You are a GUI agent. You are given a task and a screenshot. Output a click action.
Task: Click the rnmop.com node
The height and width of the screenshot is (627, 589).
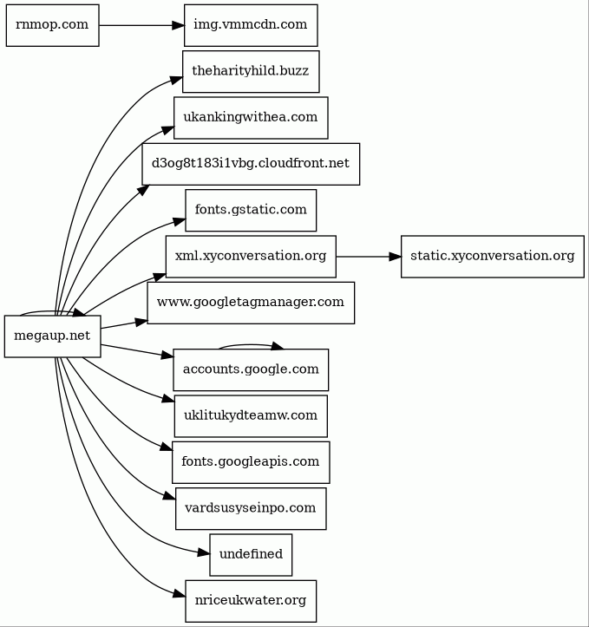52,25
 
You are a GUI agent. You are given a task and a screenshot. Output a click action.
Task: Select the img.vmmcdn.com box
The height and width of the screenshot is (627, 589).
251,25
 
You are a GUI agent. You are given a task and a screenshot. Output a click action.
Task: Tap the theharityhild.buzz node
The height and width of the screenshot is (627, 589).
251,72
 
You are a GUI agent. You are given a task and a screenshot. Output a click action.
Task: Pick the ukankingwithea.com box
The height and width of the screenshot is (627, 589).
251,118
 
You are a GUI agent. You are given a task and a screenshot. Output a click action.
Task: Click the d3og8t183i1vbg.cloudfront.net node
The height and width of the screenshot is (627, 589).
251,164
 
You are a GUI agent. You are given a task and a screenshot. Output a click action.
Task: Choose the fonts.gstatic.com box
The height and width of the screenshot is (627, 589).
251,211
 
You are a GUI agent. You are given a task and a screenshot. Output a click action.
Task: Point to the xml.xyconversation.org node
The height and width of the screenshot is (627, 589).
251,257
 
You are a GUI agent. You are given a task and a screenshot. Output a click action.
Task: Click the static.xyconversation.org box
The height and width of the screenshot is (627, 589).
492,257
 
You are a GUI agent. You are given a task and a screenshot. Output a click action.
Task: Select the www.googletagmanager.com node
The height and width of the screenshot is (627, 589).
251,303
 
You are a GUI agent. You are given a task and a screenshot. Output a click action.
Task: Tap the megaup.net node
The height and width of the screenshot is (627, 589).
52,336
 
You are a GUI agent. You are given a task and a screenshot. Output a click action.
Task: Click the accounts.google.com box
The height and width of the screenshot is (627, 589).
251,370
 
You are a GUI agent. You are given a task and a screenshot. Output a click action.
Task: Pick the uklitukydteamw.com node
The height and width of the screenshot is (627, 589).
251,416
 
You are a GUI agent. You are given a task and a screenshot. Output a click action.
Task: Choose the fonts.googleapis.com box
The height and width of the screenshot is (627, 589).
251,462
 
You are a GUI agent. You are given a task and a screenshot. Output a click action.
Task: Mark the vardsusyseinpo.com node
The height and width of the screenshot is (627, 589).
251,509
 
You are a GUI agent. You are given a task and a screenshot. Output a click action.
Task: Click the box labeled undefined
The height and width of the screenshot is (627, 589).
251,555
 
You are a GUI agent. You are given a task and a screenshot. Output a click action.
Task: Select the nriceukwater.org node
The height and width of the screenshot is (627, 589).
251,601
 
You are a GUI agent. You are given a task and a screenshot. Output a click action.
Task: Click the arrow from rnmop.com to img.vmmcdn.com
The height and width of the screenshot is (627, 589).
141,25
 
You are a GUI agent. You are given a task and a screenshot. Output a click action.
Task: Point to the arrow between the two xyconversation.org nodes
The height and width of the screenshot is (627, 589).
369,257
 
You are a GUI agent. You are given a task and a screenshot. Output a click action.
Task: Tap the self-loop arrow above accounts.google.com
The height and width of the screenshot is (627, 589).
251,344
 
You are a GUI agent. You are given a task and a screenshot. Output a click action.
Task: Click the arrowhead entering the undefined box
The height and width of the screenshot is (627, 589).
204,553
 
